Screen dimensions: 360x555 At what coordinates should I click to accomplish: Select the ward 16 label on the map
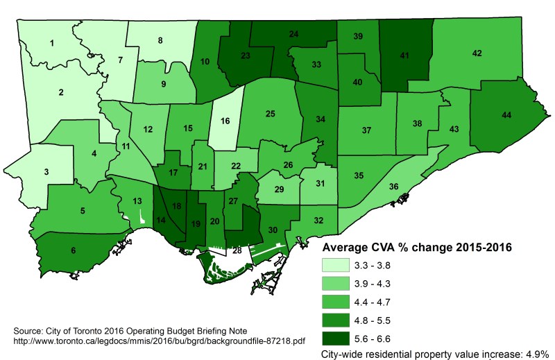pyautogui.click(x=225, y=121)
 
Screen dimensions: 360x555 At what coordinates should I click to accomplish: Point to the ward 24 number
pyautogui.click(x=294, y=34)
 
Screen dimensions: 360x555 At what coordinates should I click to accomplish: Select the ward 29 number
pyautogui.click(x=280, y=189)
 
